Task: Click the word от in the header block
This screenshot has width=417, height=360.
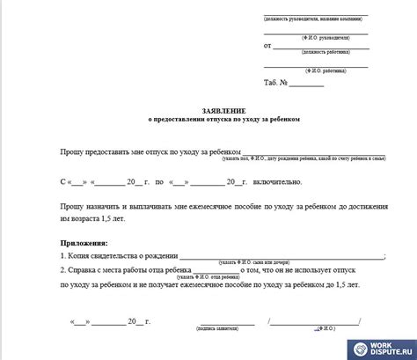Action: point(267,45)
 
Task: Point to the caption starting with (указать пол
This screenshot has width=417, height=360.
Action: point(304,159)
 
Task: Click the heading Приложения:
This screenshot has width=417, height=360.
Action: point(84,241)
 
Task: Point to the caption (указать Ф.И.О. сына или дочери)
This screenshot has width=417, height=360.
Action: point(253,262)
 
